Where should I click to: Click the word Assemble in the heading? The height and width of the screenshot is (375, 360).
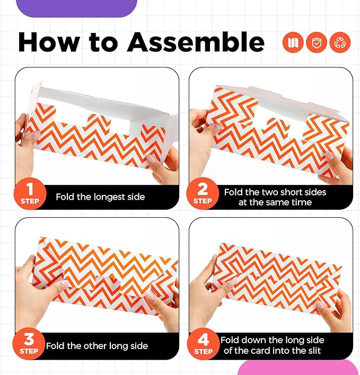[x=196, y=42]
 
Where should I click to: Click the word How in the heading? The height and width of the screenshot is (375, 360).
[x=49, y=42]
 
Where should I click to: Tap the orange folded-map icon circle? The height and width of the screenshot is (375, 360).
[x=293, y=42]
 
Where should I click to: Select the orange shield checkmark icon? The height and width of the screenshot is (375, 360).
[x=316, y=42]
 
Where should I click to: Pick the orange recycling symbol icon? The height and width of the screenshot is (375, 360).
[x=340, y=42]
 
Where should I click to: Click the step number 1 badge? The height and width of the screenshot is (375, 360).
[x=30, y=193]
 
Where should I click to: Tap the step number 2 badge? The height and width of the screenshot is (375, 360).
[x=203, y=193]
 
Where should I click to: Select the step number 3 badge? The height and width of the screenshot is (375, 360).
[x=29, y=343]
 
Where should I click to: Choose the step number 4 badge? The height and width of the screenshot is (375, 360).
[x=203, y=343]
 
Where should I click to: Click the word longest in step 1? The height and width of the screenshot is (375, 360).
[x=110, y=197]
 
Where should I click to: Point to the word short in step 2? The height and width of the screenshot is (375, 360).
[x=292, y=192]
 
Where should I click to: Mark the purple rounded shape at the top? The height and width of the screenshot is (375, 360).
[x=76, y=8]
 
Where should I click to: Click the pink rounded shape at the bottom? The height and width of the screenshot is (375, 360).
[x=297, y=368]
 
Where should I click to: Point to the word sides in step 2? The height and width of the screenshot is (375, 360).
[x=315, y=192]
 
